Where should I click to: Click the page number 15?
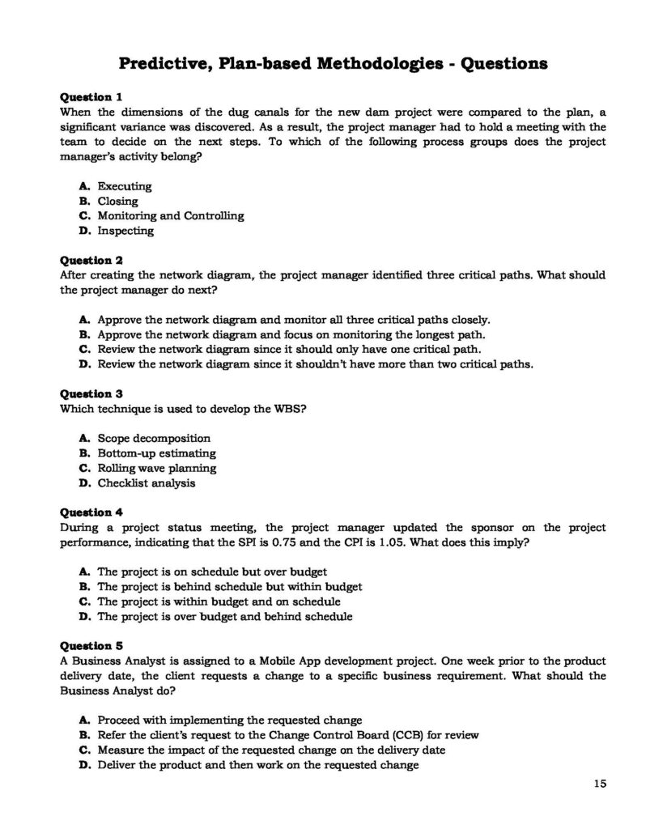[x=600, y=783]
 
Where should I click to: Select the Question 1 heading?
[x=91, y=96]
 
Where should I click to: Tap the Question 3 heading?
[x=91, y=394]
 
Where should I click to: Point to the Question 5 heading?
[x=91, y=646]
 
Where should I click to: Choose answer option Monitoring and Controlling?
[x=170, y=216]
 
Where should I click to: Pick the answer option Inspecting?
[x=125, y=231]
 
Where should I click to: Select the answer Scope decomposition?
[x=154, y=439]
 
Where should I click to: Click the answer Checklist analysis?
[x=147, y=483]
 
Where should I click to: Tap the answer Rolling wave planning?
[x=157, y=468]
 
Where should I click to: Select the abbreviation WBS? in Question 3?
[x=291, y=409]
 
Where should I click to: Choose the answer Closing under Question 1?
[x=118, y=202]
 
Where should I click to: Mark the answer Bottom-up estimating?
[x=157, y=453]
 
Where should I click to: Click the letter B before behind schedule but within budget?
[x=83, y=587]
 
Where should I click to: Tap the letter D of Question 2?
[x=83, y=364]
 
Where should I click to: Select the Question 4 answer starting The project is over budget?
[x=225, y=617]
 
